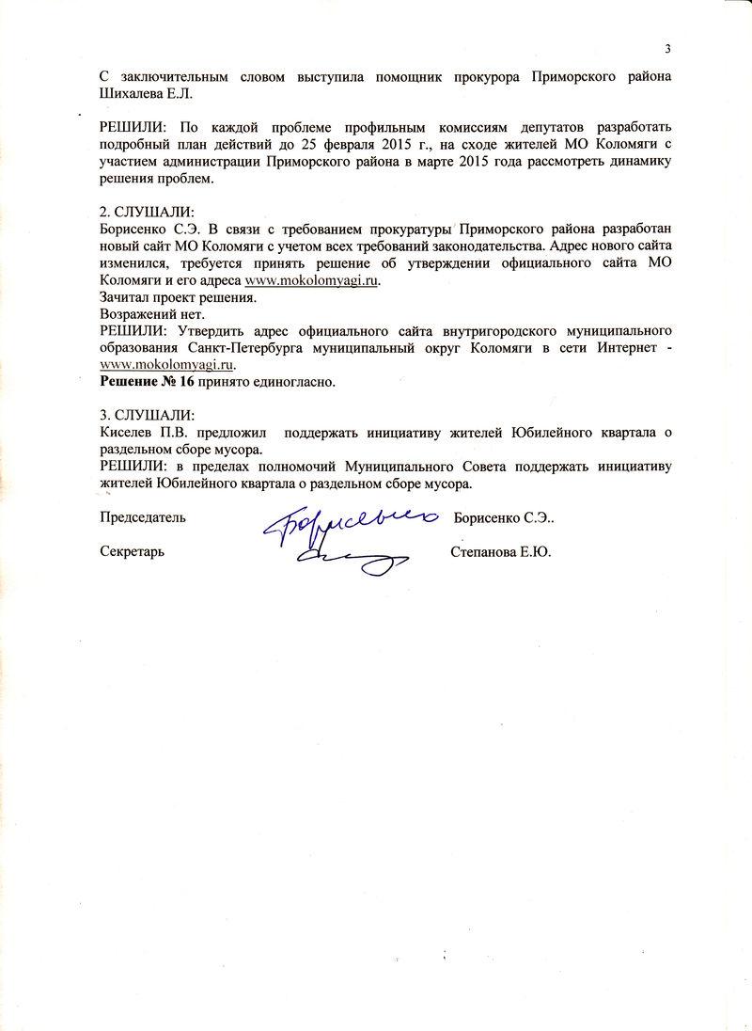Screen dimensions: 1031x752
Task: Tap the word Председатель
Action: click(143, 516)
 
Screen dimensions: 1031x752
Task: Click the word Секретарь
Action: click(133, 551)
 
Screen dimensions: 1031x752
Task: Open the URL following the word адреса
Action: click(313, 280)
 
